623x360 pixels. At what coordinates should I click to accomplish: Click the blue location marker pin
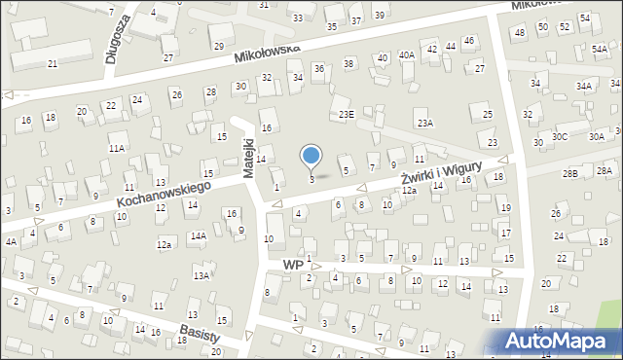311,156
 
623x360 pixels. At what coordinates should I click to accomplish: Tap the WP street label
292,264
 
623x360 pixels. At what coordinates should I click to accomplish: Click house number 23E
346,114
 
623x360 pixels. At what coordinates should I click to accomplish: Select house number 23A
424,123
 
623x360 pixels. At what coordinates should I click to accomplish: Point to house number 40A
406,55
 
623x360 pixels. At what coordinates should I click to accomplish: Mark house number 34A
583,86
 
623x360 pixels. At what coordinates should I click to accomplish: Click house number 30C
560,137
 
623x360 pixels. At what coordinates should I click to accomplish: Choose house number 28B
570,172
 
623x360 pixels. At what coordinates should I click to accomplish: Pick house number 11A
117,148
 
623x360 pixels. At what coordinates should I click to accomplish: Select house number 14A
198,235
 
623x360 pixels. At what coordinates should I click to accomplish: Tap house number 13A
202,275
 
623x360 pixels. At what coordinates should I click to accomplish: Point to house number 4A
11,240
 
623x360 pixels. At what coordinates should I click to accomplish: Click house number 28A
605,170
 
